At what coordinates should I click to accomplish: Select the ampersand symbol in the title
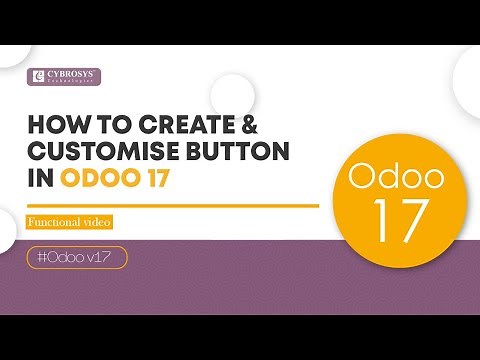coord(234,128)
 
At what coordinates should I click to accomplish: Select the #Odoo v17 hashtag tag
coord(77,257)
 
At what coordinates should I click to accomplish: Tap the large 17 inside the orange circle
coord(393,218)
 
